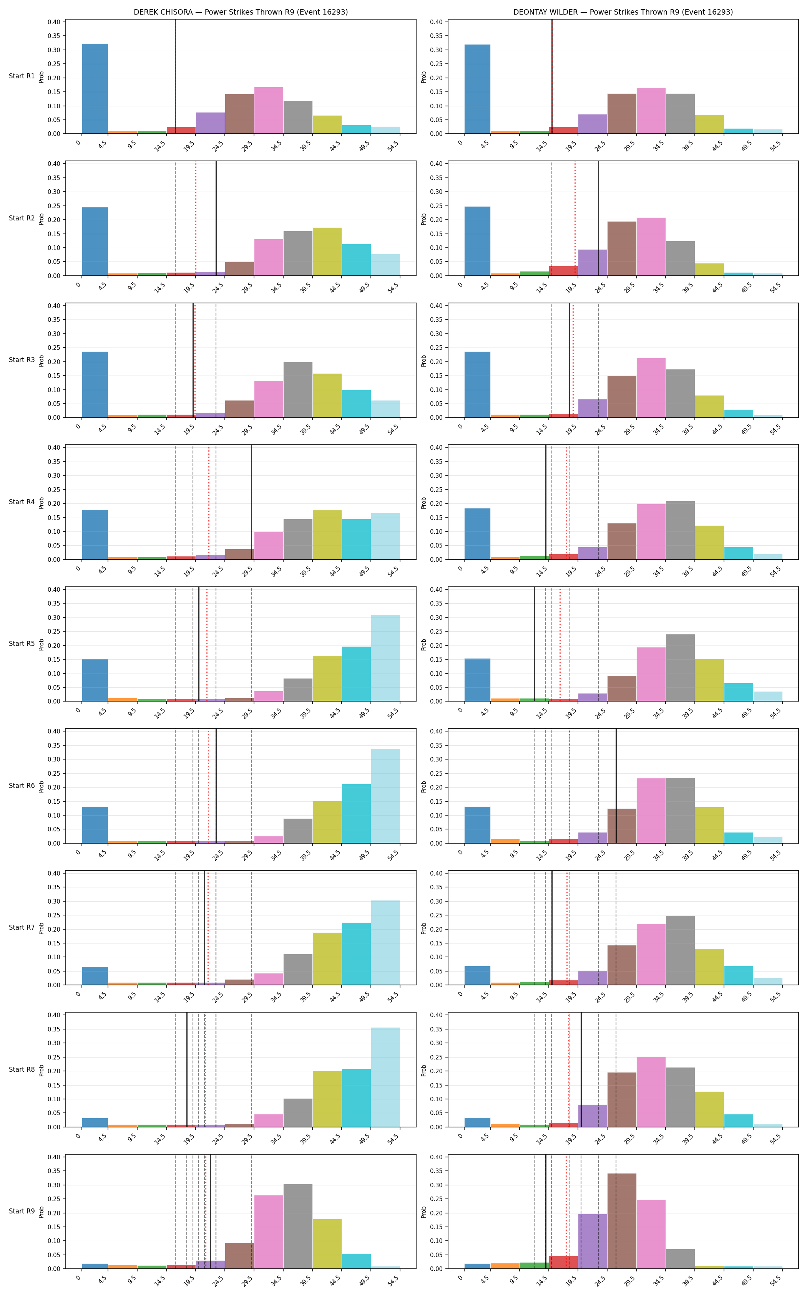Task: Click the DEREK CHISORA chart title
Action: [241, 12]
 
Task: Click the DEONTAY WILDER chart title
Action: [623, 12]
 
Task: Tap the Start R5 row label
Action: [22, 644]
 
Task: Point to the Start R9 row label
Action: [22, 1211]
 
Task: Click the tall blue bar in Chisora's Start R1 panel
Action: [95, 89]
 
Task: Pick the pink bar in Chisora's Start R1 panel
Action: [269, 111]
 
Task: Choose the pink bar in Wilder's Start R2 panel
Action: [651, 247]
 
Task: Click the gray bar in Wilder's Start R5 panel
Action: [681, 668]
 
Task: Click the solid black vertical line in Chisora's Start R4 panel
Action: [251, 502]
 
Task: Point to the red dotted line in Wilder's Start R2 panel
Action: [575, 218]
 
